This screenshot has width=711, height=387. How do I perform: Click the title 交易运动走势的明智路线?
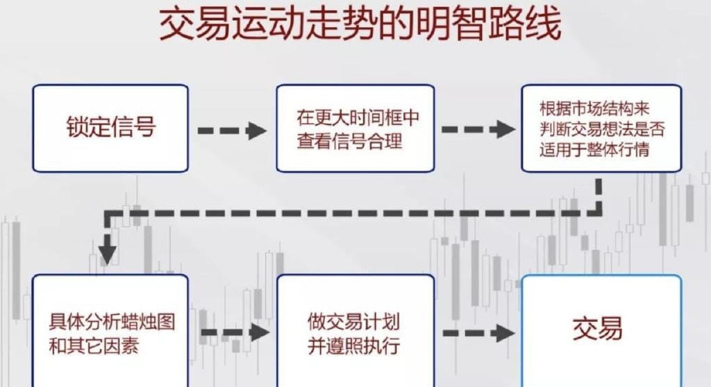pos(360,24)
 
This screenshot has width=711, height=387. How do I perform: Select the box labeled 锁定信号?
pos(110,129)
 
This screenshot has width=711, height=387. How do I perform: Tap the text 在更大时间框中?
pos(358,118)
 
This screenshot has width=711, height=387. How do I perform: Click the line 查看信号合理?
pos(350,140)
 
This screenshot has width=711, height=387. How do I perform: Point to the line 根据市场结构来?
pos(594,108)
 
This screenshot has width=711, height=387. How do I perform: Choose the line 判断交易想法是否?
pos(602,129)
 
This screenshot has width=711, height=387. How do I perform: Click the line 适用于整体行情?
pos(594,149)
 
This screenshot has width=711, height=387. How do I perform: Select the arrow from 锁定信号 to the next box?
pos(232,131)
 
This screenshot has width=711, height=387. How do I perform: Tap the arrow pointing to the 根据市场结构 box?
pos(478,129)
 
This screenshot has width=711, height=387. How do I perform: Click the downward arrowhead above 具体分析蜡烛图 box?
pos(108,254)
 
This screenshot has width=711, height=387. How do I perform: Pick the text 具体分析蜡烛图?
pos(112,322)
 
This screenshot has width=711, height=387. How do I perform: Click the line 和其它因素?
pos(94,346)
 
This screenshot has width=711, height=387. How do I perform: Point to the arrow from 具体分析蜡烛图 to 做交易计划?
pos(235,333)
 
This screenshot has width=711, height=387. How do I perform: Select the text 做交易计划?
pos(353,322)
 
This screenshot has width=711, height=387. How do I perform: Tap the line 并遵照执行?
pos(353,346)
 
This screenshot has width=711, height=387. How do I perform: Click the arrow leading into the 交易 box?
pos(478,334)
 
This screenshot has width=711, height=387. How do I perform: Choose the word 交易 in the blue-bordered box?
pos(598,328)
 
